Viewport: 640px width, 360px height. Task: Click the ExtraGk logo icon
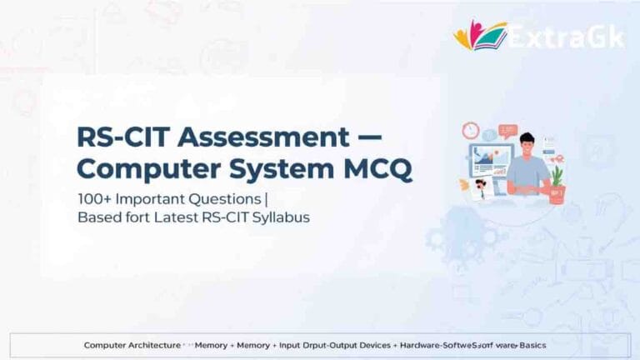[480, 35]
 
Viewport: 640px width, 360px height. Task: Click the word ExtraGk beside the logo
[565, 37]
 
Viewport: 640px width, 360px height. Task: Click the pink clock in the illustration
[471, 131]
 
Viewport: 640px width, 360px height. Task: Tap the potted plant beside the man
[556, 178]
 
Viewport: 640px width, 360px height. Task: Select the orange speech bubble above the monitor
[507, 131]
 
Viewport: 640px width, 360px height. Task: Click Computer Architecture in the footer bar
[132, 344]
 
